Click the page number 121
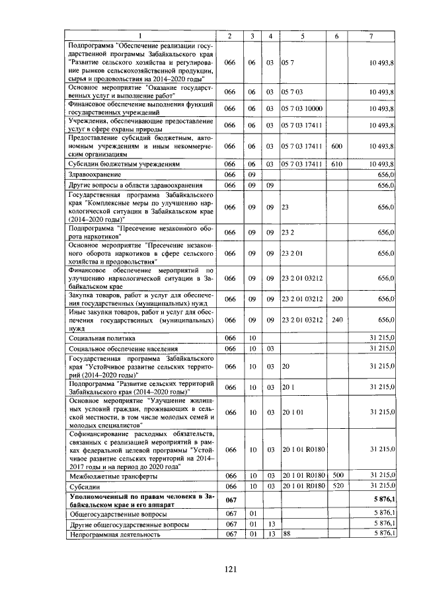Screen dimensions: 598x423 (x=211, y=569)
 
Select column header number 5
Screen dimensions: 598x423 (x=302, y=35)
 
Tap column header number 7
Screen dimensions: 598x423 (x=373, y=35)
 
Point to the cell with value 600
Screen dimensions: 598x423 (x=336, y=146)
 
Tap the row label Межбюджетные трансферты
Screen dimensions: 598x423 (x=113, y=476)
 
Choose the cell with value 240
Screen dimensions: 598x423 (x=336, y=320)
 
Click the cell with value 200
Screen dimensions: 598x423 (x=336, y=299)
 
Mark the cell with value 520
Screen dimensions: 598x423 (x=336, y=486)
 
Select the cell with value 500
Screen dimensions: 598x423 (x=336, y=476)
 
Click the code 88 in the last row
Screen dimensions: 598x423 (x=286, y=533)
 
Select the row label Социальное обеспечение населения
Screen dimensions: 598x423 (x=124, y=348)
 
